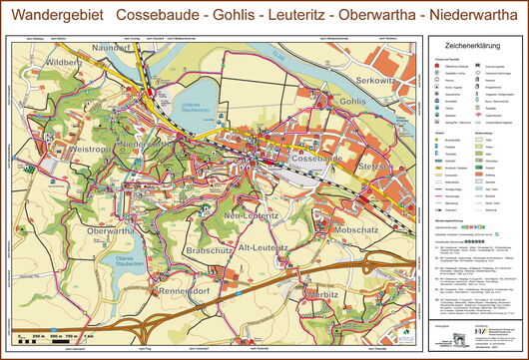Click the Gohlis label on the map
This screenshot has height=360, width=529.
[x=354, y=102]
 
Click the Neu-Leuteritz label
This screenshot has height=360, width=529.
[x=252, y=216]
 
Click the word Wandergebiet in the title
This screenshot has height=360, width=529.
[x=54, y=17]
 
